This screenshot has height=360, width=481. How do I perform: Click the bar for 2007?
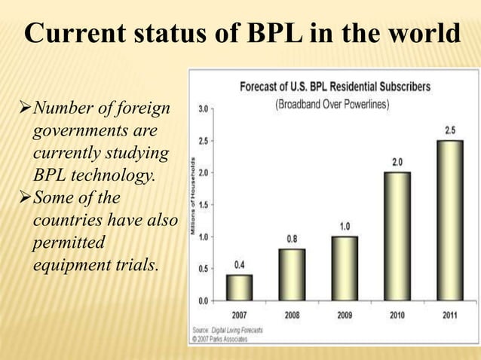click(239, 287)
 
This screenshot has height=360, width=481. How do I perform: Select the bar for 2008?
click(291, 274)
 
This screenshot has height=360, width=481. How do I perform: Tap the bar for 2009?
click(344, 268)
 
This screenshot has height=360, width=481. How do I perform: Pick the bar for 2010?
click(397, 236)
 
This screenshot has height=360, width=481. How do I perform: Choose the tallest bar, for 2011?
click(449, 220)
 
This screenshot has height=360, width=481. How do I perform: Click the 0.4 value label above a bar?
click(239, 265)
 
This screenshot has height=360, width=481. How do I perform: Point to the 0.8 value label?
click(291, 239)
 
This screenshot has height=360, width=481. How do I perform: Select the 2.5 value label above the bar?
click(449, 130)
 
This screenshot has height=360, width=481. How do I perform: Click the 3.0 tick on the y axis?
click(204, 108)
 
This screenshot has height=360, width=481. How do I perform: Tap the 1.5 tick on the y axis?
click(204, 205)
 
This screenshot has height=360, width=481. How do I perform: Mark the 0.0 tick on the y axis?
click(204, 301)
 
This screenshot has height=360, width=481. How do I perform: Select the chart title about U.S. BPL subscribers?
click(335, 87)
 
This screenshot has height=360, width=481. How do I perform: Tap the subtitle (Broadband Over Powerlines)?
click(332, 104)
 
